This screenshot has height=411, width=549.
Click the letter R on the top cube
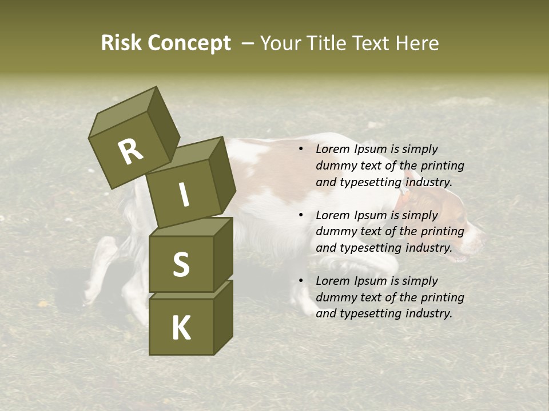click(x=130, y=152)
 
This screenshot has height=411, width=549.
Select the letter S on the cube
click(x=181, y=264)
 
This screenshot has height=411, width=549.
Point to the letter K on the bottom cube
click(x=181, y=328)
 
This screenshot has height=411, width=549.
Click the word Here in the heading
click(x=416, y=43)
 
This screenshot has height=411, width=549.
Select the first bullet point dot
click(x=300, y=149)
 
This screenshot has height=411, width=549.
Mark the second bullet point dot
click(x=300, y=215)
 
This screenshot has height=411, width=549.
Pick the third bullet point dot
click(x=300, y=281)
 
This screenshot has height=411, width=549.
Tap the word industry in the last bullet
click(x=428, y=313)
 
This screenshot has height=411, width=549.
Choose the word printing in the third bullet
click(x=442, y=297)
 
